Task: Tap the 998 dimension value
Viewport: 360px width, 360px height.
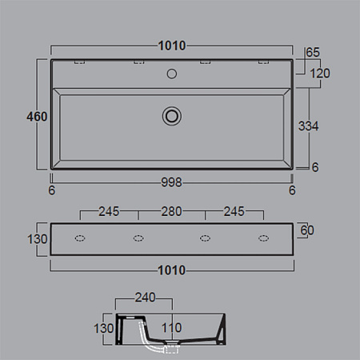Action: [170, 182]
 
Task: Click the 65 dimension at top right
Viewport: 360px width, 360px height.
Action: [313, 53]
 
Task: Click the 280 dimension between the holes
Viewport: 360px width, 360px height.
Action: [171, 213]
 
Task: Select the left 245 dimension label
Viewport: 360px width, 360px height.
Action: [109, 213]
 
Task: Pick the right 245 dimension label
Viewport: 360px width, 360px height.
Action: [233, 213]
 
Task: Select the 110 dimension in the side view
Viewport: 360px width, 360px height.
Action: [171, 328]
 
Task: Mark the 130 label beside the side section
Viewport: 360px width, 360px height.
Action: [106, 328]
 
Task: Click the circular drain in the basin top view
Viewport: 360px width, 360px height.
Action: [170, 115]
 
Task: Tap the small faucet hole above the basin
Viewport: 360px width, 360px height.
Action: [170, 74]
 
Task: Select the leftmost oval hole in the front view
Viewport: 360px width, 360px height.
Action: [80, 238]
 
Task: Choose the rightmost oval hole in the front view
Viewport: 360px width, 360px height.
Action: [262, 238]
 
